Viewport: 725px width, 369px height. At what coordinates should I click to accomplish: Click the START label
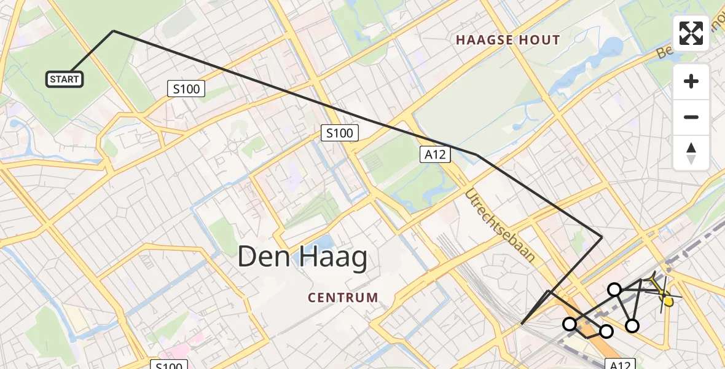click(x=65, y=79)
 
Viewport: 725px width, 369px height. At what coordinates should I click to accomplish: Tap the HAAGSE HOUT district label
click(x=507, y=41)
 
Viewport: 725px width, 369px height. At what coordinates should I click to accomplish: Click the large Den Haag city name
click(x=302, y=257)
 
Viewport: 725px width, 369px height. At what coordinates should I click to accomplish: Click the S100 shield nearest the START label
click(x=186, y=89)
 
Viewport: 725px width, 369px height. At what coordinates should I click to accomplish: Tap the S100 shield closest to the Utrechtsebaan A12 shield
click(x=340, y=133)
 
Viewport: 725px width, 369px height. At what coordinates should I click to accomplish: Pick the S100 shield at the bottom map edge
click(x=169, y=365)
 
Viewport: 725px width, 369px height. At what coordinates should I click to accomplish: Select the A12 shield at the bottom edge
click(x=619, y=364)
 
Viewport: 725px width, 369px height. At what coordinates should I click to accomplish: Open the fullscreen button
click(x=691, y=33)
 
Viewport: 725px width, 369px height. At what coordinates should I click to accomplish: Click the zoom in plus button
click(x=691, y=81)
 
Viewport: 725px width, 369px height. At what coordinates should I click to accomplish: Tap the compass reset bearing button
click(x=691, y=153)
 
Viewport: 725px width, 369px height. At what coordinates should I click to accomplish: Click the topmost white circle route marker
click(x=614, y=289)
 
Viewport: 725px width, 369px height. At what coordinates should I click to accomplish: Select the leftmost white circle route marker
click(x=570, y=323)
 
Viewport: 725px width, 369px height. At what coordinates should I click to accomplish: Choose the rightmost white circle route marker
click(x=632, y=326)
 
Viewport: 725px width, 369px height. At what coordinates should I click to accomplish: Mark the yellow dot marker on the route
click(x=668, y=301)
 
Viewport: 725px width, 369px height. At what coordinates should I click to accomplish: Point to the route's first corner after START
click(x=114, y=31)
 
